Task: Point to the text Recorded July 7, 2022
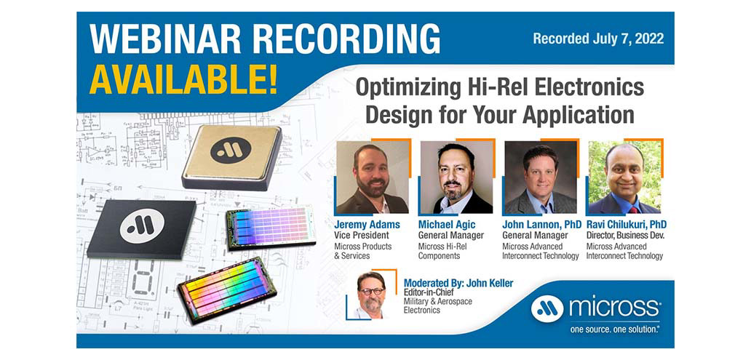(x=598, y=39)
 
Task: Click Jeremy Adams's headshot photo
(x=372, y=177)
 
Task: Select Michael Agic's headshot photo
(x=456, y=177)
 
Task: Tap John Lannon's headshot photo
(x=540, y=177)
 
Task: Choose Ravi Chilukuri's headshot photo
(x=624, y=177)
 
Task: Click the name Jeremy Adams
(x=367, y=225)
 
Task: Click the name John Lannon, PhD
(x=541, y=225)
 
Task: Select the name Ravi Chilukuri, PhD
(x=626, y=225)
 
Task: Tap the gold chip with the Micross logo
(x=231, y=154)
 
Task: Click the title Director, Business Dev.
(x=626, y=236)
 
